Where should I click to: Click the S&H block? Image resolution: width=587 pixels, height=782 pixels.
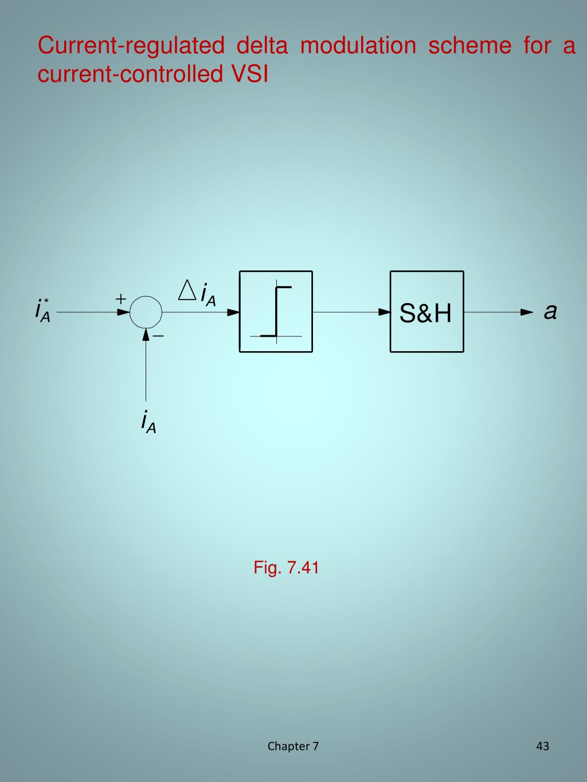426,312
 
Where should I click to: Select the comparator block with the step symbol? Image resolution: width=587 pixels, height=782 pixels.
276,312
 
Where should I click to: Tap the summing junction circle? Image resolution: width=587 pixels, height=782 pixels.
146,312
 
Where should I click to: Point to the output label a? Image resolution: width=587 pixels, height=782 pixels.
550,312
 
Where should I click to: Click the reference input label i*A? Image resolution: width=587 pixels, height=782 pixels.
43,310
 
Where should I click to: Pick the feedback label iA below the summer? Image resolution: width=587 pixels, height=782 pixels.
148,422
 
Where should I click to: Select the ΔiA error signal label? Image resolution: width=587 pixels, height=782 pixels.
198,293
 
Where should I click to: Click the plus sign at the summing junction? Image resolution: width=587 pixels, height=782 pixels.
121,298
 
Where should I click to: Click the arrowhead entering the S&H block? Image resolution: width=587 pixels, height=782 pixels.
384,312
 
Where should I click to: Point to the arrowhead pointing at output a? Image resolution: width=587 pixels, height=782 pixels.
526,312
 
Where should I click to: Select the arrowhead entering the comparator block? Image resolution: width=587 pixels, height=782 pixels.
233,312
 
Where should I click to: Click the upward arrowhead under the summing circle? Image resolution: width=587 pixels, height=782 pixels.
146,334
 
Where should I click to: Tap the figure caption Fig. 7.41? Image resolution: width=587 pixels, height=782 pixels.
286,568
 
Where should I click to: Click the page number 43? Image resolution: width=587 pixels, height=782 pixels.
542,746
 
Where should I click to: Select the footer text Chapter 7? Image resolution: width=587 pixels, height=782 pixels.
293,746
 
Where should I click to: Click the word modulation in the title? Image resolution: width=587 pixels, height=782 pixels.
358,46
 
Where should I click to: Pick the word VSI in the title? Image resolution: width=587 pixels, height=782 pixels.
249,74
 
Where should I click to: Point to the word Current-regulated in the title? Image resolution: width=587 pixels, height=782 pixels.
131,46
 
